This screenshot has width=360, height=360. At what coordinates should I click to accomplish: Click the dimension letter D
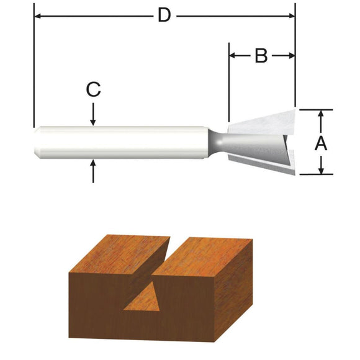pyautogui.click(x=164, y=15)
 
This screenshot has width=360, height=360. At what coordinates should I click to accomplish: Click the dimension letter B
pyautogui.click(x=261, y=56)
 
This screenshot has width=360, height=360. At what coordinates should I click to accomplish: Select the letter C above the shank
pyautogui.click(x=93, y=90)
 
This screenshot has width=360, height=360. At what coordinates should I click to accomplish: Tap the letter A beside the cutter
pyautogui.click(x=321, y=143)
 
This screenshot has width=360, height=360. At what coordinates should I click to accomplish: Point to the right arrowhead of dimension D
pyautogui.click(x=291, y=15)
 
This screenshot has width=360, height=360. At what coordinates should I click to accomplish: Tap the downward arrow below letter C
pyautogui.click(x=93, y=122)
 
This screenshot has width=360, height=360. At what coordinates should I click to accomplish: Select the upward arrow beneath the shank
pyautogui.click(x=93, y=164)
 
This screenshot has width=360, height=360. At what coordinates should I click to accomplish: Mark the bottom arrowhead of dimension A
pyautogui.click(x=321, y=171)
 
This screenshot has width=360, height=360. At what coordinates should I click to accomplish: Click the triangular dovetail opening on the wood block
pyautogui.click(x=145, y=297)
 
